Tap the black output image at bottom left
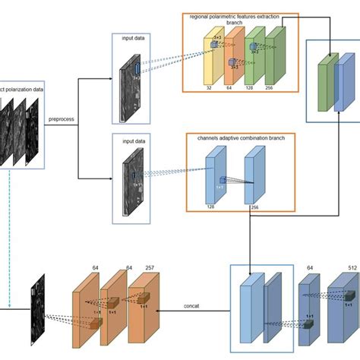[x=35, y=308]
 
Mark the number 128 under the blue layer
[x=211, y=206]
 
